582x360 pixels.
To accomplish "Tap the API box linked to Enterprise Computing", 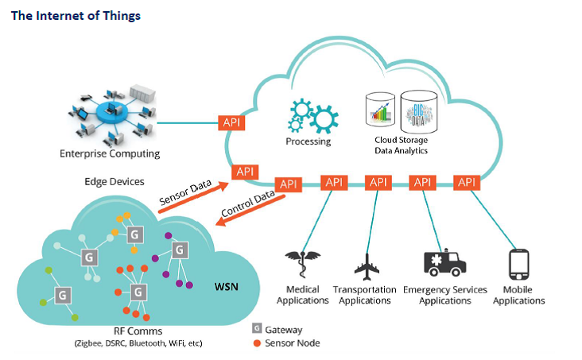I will click(x=231, y=123).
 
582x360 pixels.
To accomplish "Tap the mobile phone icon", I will click(x=518, y=265).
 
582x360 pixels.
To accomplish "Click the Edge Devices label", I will click(x=114, y=181).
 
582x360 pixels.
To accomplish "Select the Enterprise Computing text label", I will click(x=110, y=153).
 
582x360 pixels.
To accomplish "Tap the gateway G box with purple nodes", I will click(x=180, y=250).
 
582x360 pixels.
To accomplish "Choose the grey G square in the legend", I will click(x=257, y=328).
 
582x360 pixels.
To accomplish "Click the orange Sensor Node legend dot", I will click(x=257, y=343).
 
